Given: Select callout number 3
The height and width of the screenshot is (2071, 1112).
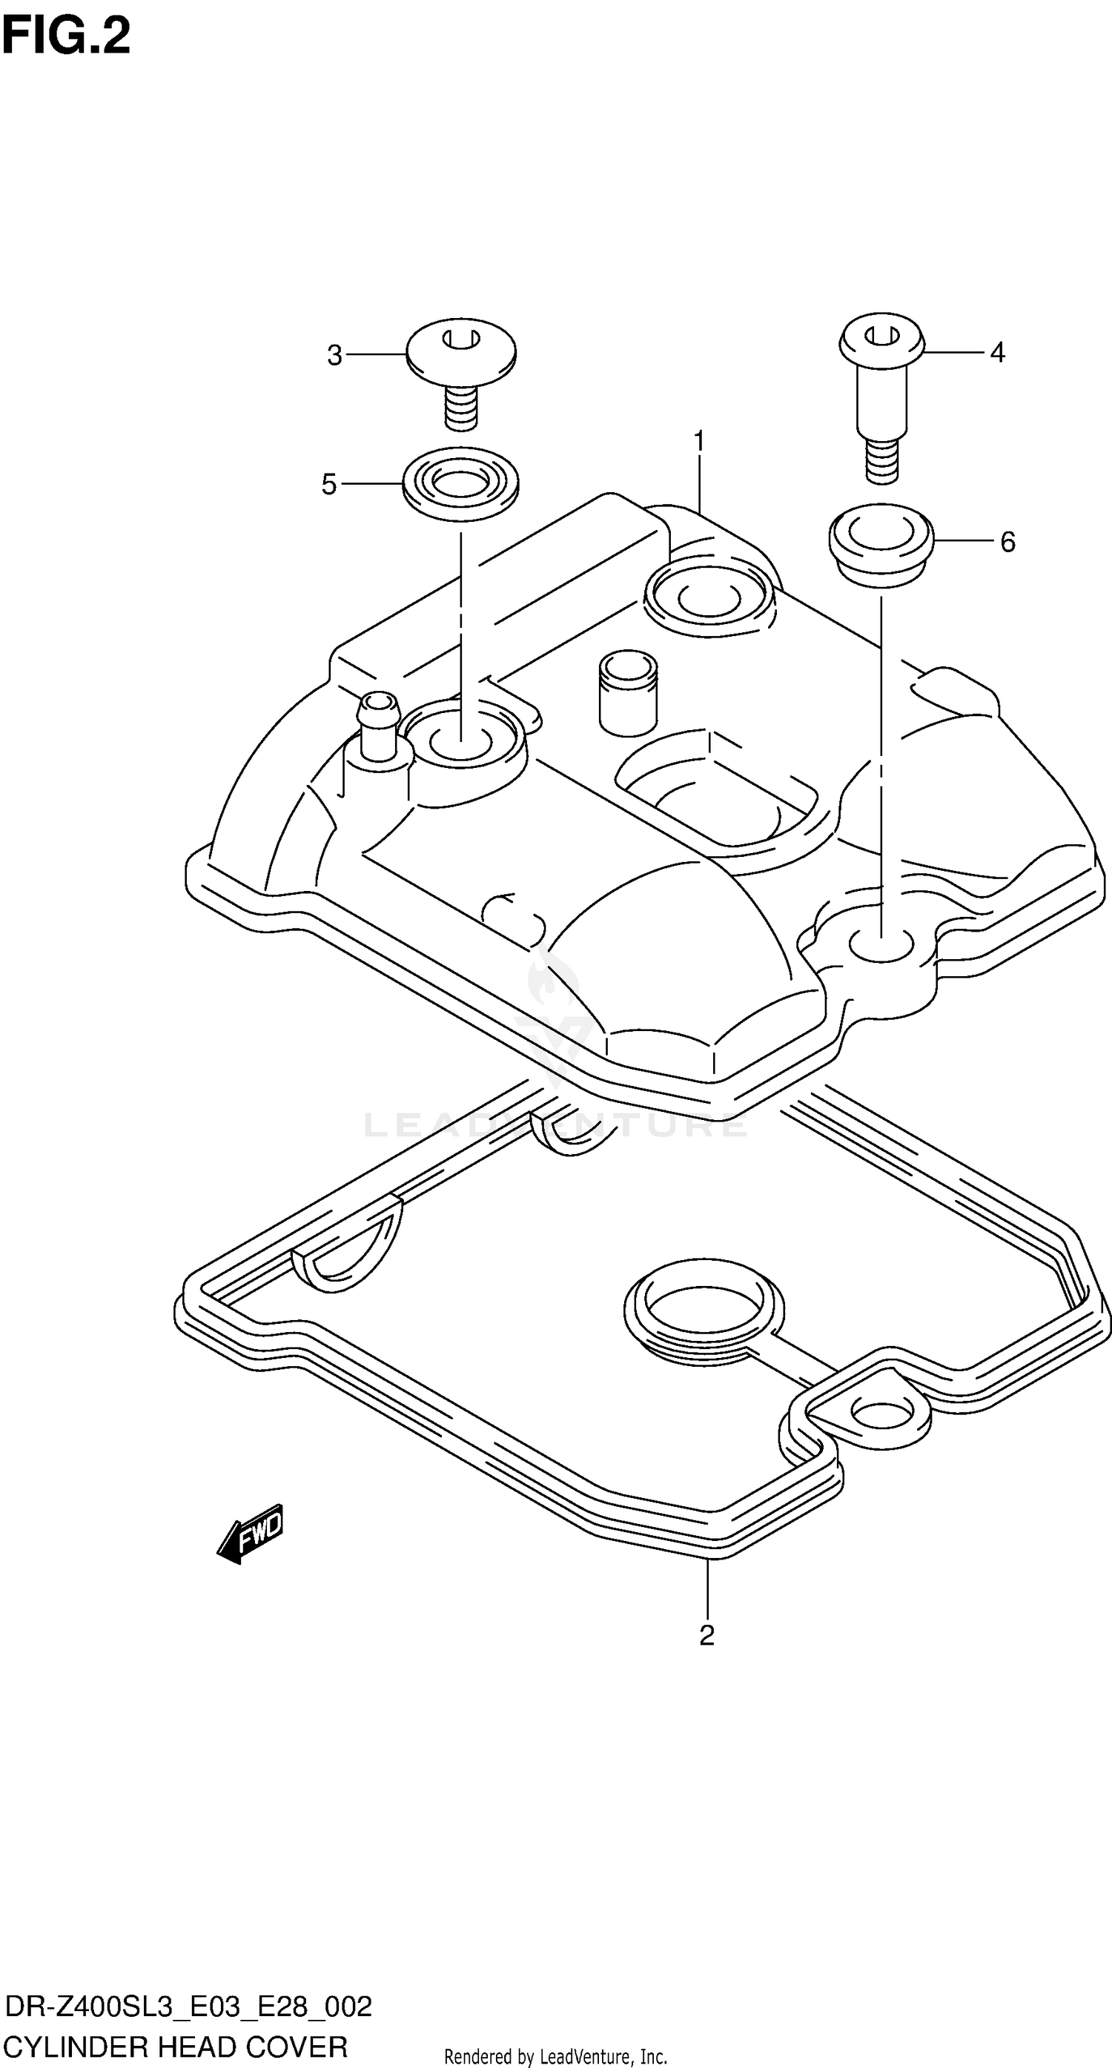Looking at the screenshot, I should click(x=334, y=354).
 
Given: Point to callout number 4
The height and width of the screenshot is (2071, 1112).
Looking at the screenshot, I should click(x=997, y=352).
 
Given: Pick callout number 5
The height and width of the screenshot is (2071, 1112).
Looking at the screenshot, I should click(x=329, y=484).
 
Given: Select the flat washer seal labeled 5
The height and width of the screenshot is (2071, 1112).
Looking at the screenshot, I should click(x=460, y=485).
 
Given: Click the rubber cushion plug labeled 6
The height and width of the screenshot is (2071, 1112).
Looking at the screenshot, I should click(x=881, y=542).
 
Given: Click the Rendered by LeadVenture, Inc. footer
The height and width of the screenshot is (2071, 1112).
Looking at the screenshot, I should click(x=555, y=2056).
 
